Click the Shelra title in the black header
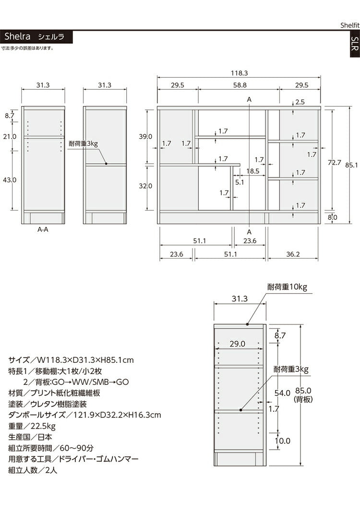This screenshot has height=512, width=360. (x=18, y=36)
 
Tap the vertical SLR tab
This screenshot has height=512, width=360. (x=354, y=44)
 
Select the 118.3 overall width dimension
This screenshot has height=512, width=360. (x=239, y=73)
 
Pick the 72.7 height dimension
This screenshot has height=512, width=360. (x=334, y=163)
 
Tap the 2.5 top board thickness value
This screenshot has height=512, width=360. (x=300, y=102)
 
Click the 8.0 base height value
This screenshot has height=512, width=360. (x=332, y=217)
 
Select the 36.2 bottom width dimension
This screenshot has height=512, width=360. (x=293, y=254)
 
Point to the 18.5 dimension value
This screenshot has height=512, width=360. (x=253, y=171)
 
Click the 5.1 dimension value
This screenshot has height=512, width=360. (x=240, y=182)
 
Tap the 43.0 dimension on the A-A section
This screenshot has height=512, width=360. (x=10, y=179)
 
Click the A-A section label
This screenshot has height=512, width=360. (x=43, y=229)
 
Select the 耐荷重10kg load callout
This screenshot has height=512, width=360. (x=287, y=287)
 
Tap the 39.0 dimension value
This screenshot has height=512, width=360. (x=146, y=136)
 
